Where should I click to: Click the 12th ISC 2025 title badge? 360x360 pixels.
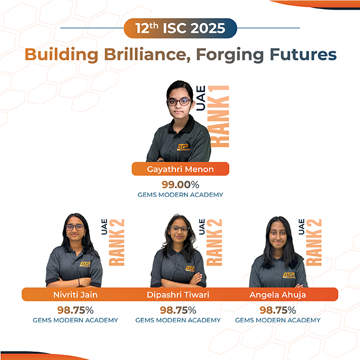click(180, 28)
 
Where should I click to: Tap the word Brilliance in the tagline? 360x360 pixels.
click(147, 55)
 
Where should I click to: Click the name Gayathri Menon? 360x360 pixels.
click(180, 169)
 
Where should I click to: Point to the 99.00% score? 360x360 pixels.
click(180, 184)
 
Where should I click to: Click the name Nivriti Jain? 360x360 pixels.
click(75, 295)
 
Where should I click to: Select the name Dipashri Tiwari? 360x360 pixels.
click(178, 295)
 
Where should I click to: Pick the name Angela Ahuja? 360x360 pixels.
click(277, 295)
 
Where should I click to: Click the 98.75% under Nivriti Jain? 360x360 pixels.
click(75, 310)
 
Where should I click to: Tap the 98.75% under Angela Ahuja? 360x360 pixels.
click(277, 310)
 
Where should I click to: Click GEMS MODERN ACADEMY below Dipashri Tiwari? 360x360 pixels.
click(178, 320)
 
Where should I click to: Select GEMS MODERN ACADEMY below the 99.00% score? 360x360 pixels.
click(180, 195)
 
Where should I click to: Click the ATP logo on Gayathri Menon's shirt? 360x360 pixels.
click(183, 147)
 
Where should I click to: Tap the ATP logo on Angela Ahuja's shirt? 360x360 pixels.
click(289, 275)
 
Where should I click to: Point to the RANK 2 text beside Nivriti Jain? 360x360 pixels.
click(116, 242)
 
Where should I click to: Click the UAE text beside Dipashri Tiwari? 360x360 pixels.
click(201, 227)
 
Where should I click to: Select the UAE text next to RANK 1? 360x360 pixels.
click(200, 98)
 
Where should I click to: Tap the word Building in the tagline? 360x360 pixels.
click(61, 55)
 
